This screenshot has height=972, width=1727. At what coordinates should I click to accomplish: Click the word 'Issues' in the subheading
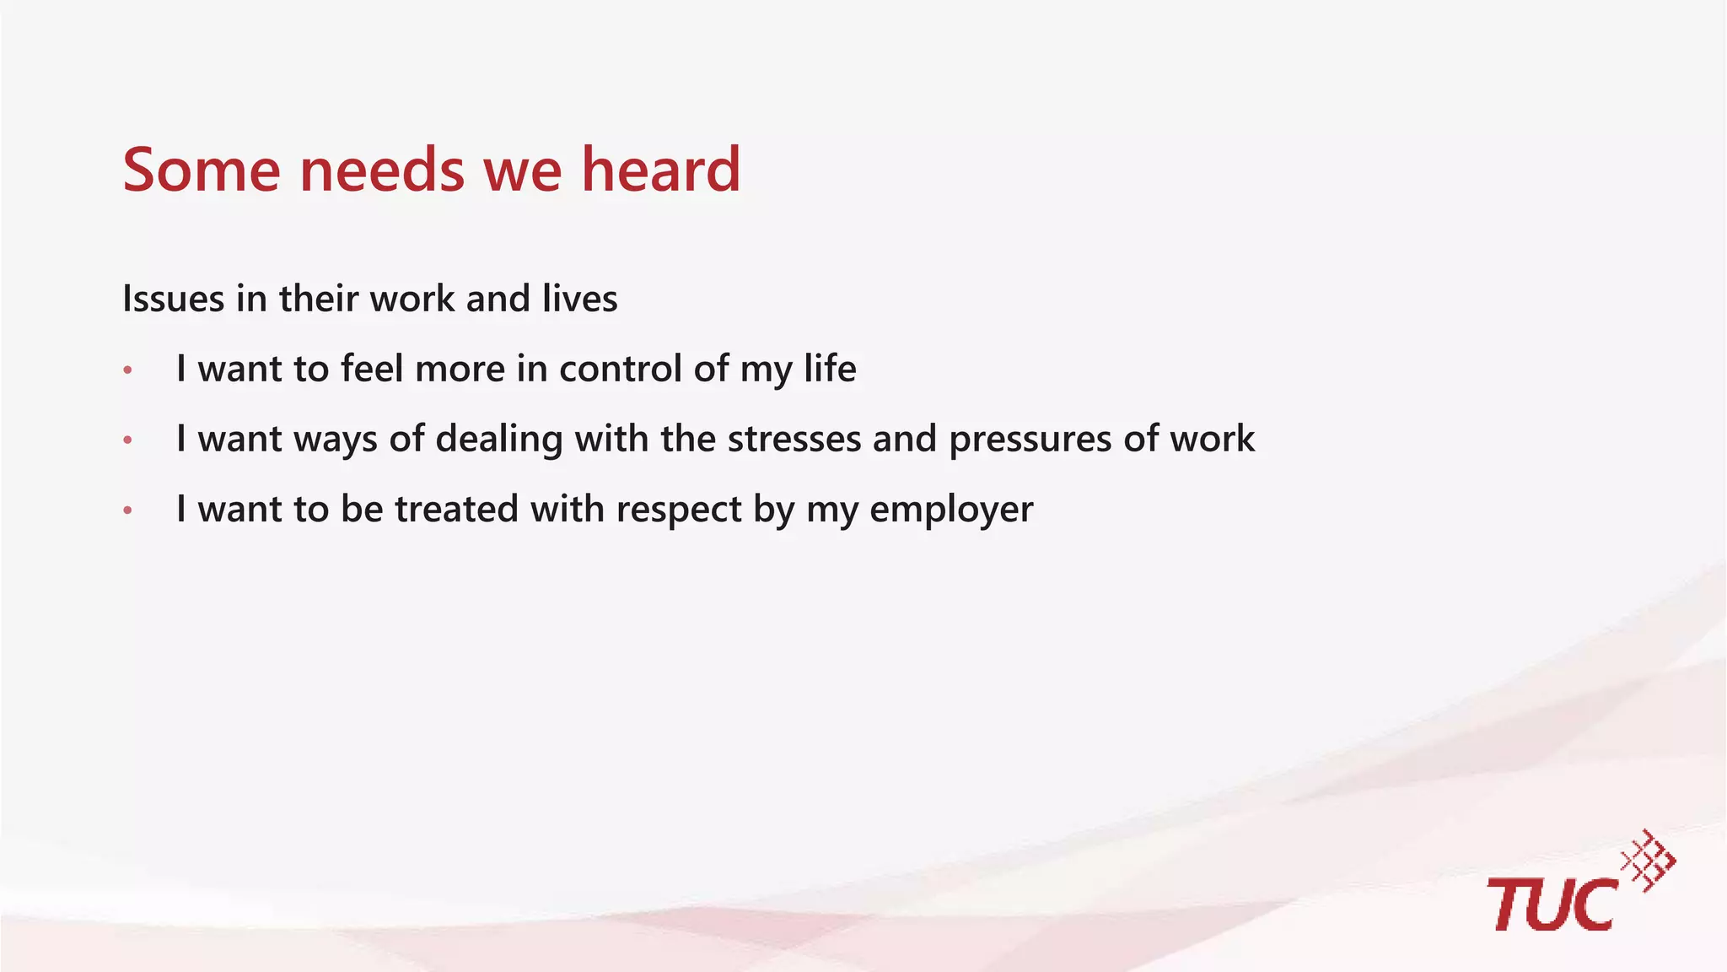173,299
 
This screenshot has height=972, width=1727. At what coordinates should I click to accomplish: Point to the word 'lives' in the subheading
579,299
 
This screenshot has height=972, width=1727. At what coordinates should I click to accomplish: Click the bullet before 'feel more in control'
128,370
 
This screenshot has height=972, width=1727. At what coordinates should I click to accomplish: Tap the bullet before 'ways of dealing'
128,440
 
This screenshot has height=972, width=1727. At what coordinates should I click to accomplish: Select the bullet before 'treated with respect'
128,510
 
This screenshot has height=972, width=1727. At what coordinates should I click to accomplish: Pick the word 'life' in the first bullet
830,369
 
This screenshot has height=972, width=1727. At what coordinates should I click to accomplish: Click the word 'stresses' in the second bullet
794,439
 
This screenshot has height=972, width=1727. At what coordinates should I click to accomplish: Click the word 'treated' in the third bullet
456,509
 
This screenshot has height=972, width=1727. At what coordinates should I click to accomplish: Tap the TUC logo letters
1552,904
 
